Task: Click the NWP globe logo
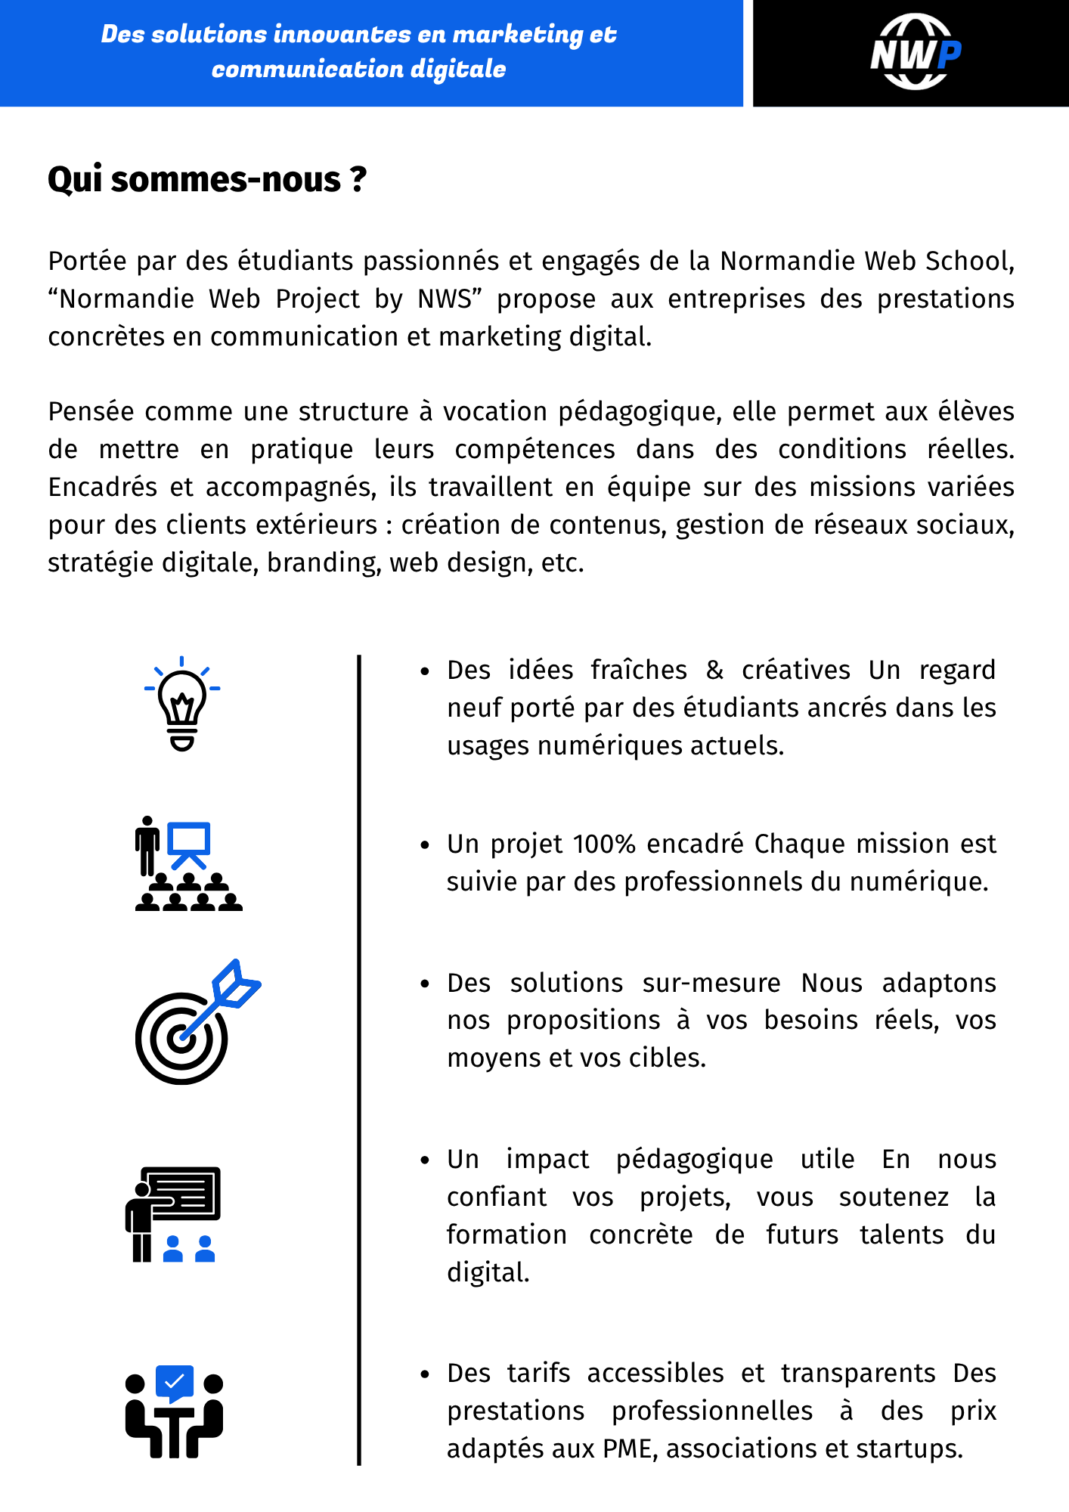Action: coord(915,52)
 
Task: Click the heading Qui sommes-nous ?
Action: coord(207,180)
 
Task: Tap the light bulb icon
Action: coord(182,704)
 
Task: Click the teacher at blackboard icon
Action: coord(173,1214)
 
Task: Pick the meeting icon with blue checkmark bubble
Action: coord(174,1411)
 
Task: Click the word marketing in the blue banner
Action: coord(517,35)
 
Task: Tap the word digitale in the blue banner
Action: coord(458,70)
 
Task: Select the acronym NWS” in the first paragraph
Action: coord(450,299)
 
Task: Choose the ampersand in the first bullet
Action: coord(714,671)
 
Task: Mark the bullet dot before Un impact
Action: coord(425,1160)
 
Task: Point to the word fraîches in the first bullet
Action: coord(639,671)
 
